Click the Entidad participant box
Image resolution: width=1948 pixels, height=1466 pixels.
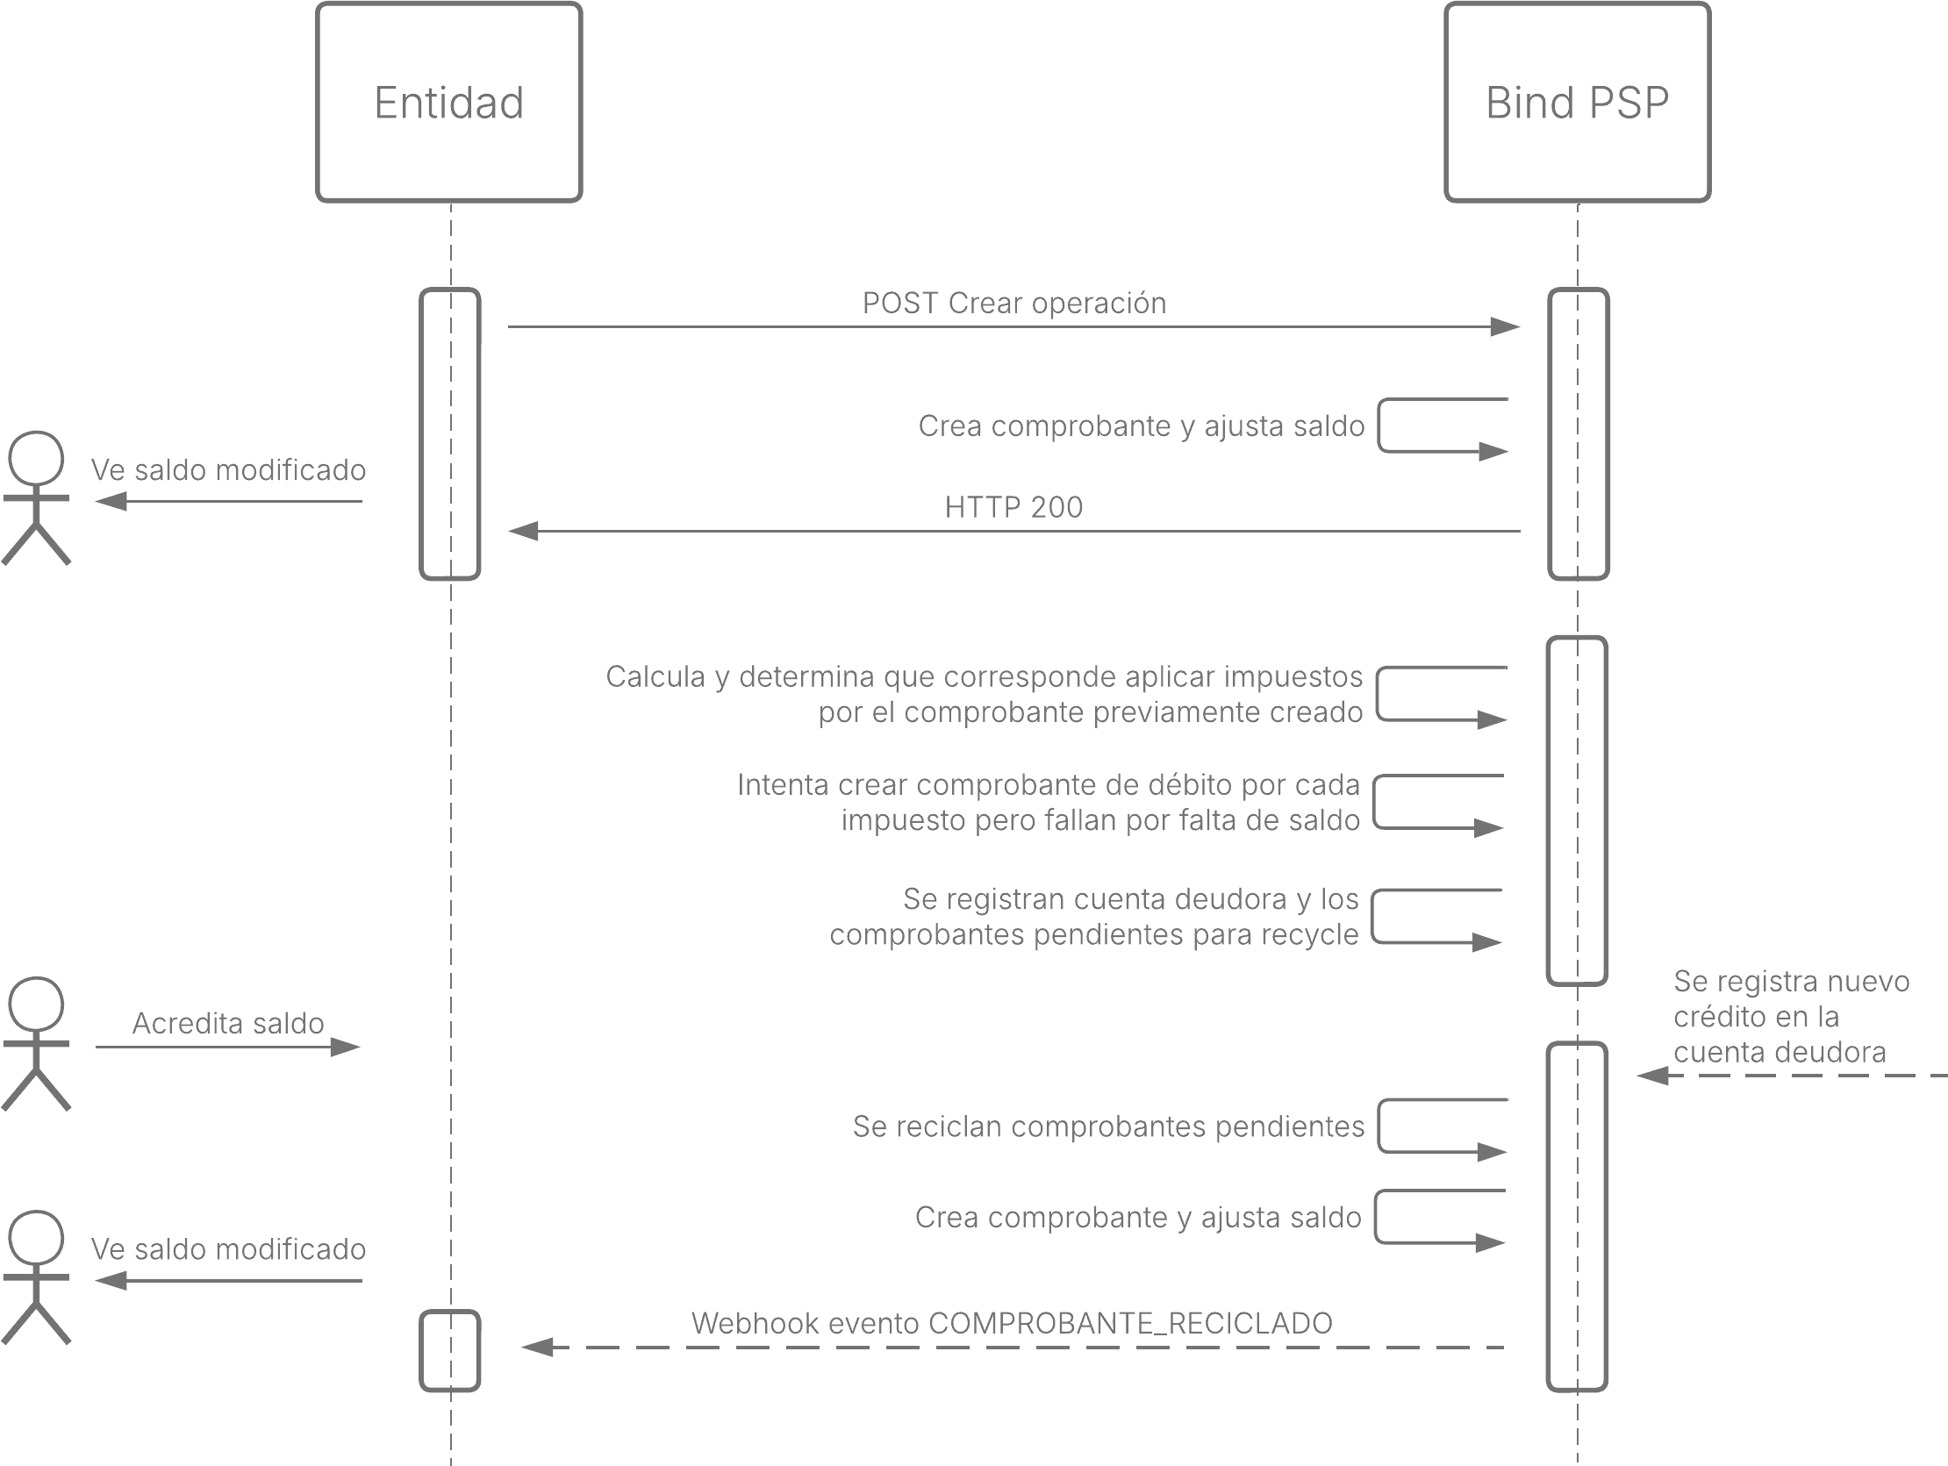(x=449, y=102)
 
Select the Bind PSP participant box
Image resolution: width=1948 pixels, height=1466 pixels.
(x=1577, y=102)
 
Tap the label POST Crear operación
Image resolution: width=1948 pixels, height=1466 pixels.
(x=1013, y=303)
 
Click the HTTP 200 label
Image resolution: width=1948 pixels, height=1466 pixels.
(x=1013, y=507)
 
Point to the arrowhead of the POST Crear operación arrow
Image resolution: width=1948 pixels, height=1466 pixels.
(x=1506, y=326)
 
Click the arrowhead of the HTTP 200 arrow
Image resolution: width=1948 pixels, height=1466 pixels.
(x=523, y=531)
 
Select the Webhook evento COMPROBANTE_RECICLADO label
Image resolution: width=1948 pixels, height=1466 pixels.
(x=1012, y=1323)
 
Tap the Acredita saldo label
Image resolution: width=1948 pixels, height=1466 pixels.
(x=228, y=1023)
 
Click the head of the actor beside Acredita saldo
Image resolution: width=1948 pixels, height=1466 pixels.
(x=36, y=1004)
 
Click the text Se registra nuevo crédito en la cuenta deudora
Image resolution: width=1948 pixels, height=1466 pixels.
(x=1791, y=1016)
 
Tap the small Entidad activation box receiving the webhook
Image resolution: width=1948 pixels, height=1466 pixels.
(x=450, y=1351)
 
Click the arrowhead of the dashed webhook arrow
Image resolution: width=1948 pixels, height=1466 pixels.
(x=537, y=1348)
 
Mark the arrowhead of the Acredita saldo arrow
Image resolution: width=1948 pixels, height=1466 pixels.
(x=345, y=1047)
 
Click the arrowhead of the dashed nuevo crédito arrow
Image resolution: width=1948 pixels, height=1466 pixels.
(x=1653, y=1075)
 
